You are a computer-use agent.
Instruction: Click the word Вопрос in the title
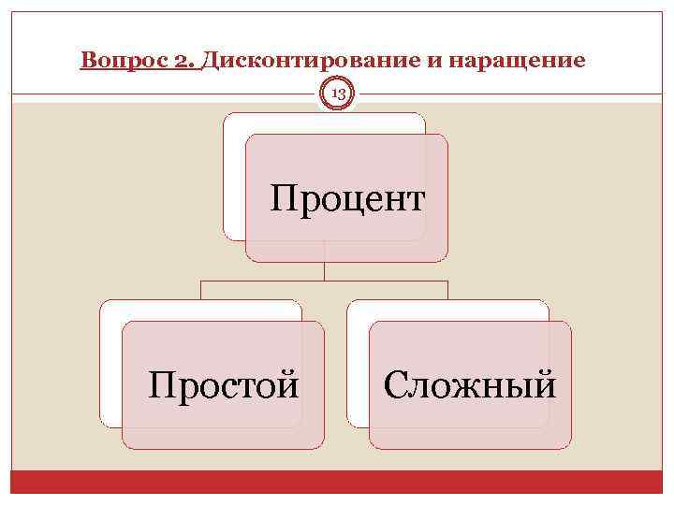[x=111, y=61]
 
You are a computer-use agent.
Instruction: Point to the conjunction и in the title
[x=431, y=61]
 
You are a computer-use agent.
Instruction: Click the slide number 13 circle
[x=337, y=94]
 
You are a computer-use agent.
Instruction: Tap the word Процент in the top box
[x=347, y=198]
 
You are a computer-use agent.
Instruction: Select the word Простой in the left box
[x=225, y=383]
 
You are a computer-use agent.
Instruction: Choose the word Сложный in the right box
[x=470, y=383]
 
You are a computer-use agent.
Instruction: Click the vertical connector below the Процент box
[x=325, y=271]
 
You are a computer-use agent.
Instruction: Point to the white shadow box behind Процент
[x=233, y=178]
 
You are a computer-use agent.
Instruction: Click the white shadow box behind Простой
[x=110, y=365]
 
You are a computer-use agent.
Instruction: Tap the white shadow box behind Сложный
[x=358, y=365]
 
